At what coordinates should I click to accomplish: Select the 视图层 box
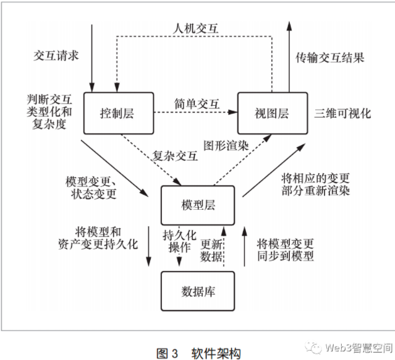pyautogui.click(x=271, y=113)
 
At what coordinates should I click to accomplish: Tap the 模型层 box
pyautogui.click(x=198, y=205)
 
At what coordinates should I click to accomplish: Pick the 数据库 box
pyautogui.click(x=198, y=291)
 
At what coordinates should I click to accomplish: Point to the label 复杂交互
pyautogui.click(x=175, y=156)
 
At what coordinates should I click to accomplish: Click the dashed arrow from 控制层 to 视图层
pyautogui.click(x=195, y=113)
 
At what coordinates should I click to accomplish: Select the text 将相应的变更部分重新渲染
pyautogui.click(x=315, y=184)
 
